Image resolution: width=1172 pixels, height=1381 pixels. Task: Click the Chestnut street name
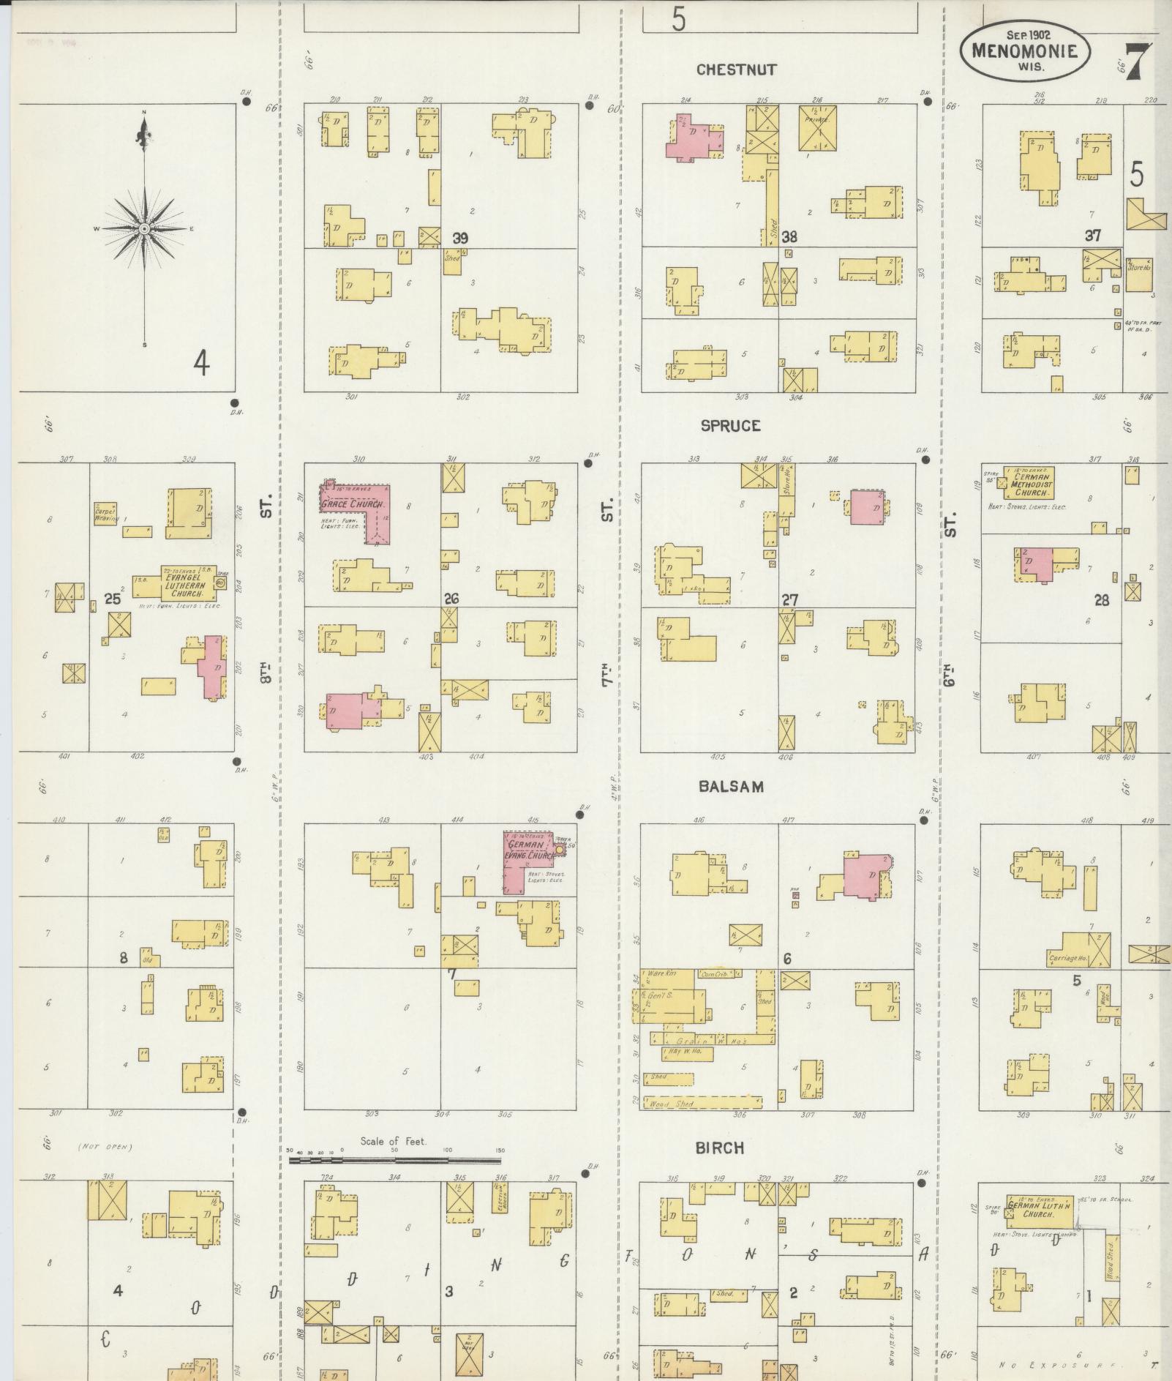click(x=736, y=70)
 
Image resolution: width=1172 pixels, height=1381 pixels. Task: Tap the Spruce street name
click(x=730, y=426)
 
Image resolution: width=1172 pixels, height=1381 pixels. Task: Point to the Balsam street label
click(x=731, y=787)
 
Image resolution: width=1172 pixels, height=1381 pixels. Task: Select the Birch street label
click(x=720, y=1148)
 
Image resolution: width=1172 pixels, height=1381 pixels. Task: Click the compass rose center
click(x=144, y=229)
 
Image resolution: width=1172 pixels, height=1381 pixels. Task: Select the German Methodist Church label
click(x=1032, y=484)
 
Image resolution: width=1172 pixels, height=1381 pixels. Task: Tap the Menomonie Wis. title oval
click(x=1024, y=50)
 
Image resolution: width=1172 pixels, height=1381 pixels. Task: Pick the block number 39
click(x=460, y=238)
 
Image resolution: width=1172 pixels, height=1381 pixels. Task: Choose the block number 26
click(x=451, y=599)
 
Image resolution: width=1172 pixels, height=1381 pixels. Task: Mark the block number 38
click(x=789, y=236)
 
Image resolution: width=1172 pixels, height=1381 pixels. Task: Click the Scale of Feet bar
click(x=395, y=1160)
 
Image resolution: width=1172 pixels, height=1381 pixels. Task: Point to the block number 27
click(x=789, y=600)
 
